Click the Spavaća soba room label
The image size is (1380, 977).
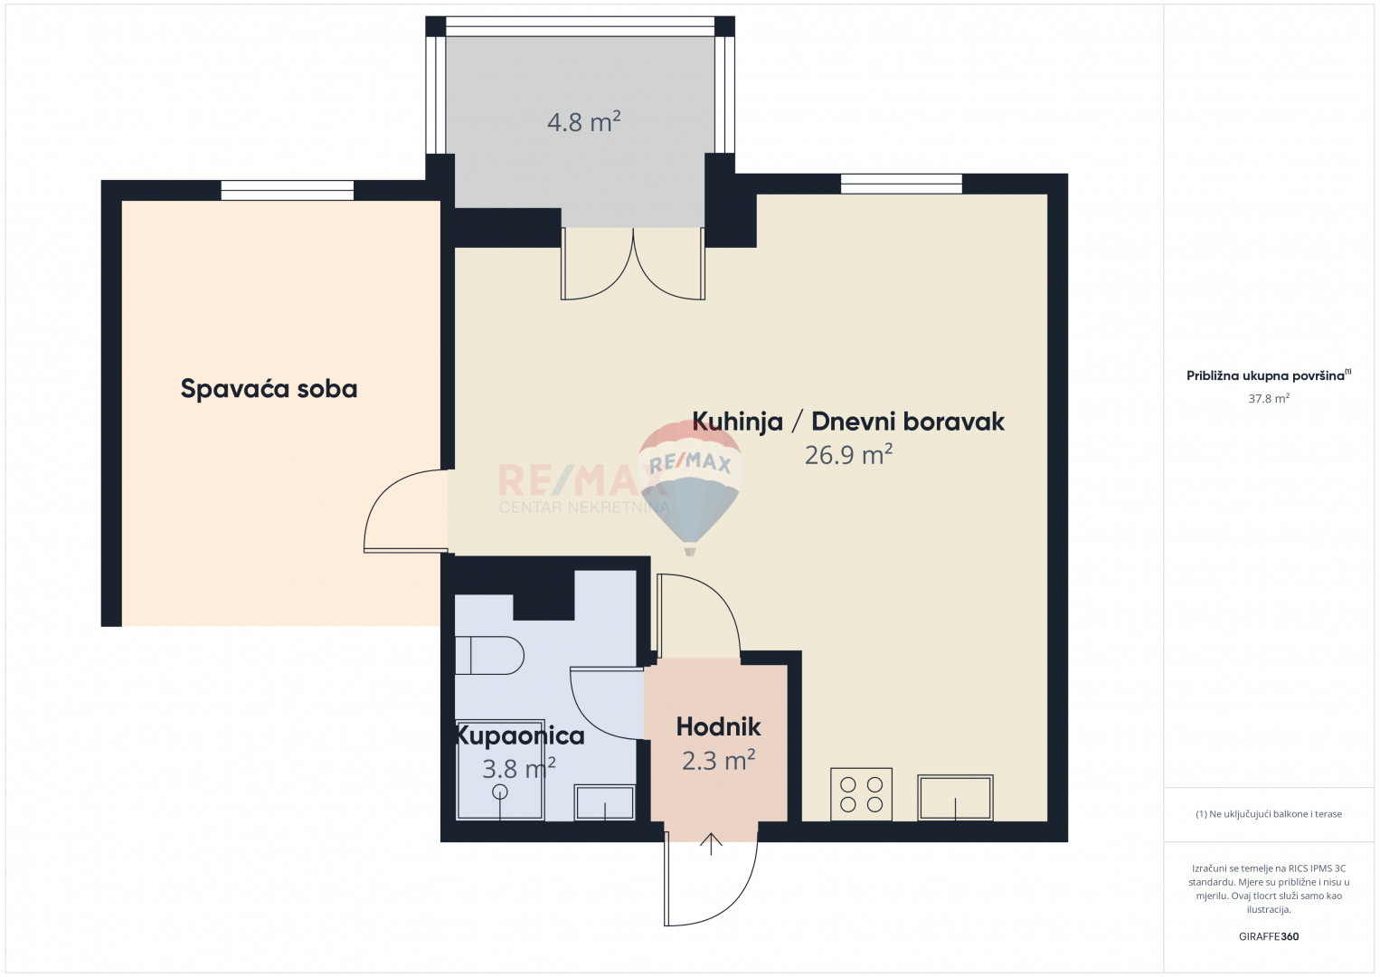(x=269, y=389)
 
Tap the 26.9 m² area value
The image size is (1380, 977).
(x=848, y=455)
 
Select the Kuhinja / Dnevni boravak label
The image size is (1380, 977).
(x=848, y=422)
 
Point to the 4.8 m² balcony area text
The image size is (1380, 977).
(x=583, y=122)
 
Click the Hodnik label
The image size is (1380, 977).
(x=718, y=727)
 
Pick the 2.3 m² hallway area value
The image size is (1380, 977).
(x=718, y=761)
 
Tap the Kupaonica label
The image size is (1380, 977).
(x=519, y=735)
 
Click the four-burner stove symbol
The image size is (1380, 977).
(x=861, y=794)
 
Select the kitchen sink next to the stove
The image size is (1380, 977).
(x=956, y=798)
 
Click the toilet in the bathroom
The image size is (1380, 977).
(x=489, y=655)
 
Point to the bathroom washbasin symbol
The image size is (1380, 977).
(x=604, y=802)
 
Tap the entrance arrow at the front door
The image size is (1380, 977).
(x=711, y=844)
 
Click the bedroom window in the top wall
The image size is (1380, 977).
(x=288, y=190)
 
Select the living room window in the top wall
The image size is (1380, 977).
(x=902, y=184)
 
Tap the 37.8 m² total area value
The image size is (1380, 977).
(x=1269, y=399)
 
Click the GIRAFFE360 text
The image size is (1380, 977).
(x=1269, y=936)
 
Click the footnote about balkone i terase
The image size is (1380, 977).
(x=1269, y=813)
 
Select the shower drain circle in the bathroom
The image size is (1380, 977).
(x=499, y=792)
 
